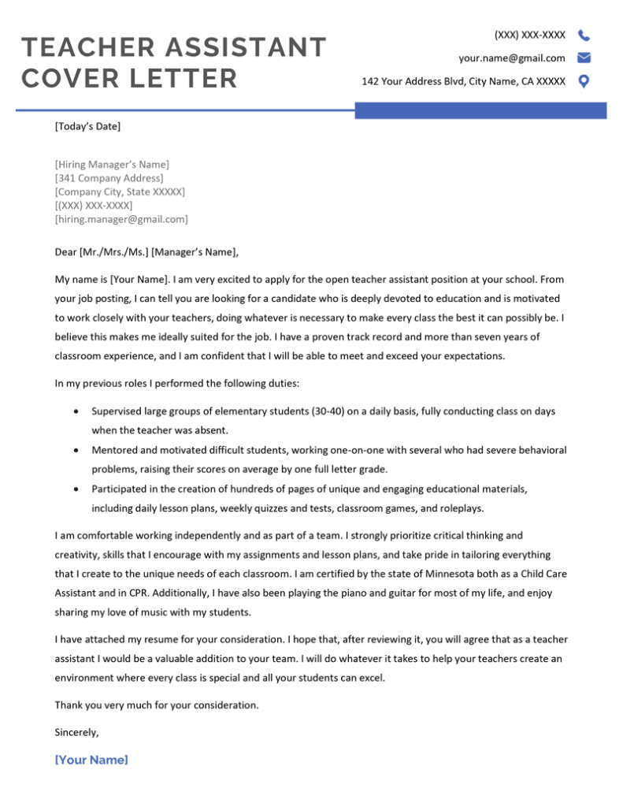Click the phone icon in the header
584,35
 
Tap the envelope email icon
584,58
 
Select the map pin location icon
584,80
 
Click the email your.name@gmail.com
512,58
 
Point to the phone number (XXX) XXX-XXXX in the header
529,35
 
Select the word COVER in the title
76,79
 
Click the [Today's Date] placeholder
87,125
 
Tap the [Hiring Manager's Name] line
112,164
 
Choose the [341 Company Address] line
109,178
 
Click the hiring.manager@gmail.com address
121,219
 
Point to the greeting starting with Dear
146,252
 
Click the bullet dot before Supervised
75,411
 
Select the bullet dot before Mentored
75,450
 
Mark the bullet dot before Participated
75,489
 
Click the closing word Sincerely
76,732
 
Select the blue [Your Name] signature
91,760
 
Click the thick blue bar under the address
480,110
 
